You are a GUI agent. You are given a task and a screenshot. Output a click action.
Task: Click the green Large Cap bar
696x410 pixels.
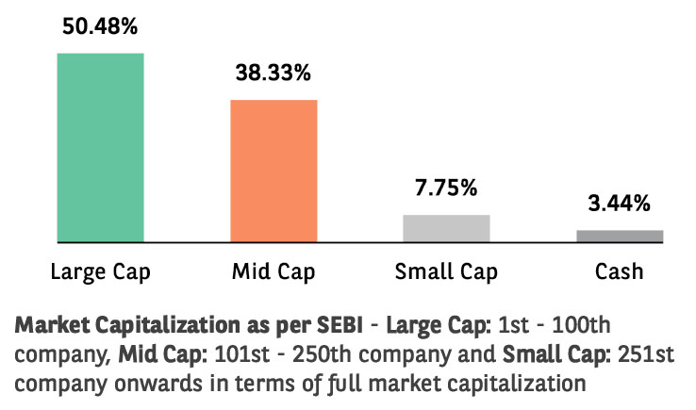tap(100, 147)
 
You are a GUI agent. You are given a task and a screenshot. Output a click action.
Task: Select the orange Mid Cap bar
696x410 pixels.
tap(273, 171)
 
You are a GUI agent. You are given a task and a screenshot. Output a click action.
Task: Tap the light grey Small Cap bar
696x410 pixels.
tap(446, 228)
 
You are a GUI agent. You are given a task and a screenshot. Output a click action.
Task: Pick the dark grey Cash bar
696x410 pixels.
tap(620, 236)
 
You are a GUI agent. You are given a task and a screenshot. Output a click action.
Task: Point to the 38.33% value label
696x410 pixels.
tap(273, 72)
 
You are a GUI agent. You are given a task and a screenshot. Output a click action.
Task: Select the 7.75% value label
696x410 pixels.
tap(446, 187)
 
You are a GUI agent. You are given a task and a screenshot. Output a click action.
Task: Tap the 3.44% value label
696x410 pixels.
tap(620, 203)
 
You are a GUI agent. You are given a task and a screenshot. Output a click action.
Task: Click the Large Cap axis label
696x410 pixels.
tap(100, 273)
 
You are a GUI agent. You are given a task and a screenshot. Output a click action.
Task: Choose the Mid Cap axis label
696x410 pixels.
tap(273, 273)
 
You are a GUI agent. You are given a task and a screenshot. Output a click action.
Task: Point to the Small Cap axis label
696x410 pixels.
tap(446, 273)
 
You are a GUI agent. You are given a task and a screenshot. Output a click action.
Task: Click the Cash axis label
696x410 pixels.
tap(620, 273)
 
